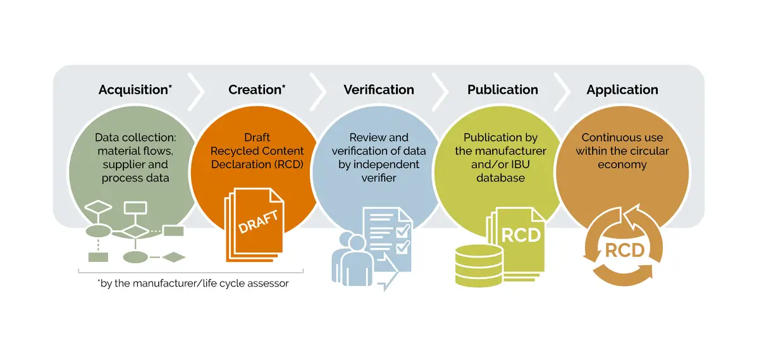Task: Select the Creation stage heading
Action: coord(257,90)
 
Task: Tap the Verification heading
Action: coord(379,90)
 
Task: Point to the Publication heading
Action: coord(502,90)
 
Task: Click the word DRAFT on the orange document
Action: coord(258,221)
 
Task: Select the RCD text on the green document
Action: coord(521,235)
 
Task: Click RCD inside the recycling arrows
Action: coord(624,251)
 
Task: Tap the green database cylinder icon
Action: coord(479,266)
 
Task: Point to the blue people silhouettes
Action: coord(352,258)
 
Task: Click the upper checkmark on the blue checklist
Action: coord(404,230)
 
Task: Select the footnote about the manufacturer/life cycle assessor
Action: coord(193,283)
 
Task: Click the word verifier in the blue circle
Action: coord(379,178)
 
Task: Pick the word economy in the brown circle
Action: coord(622,164)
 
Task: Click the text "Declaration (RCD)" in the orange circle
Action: coord(257,164)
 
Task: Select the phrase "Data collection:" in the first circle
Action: coord(135,137)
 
